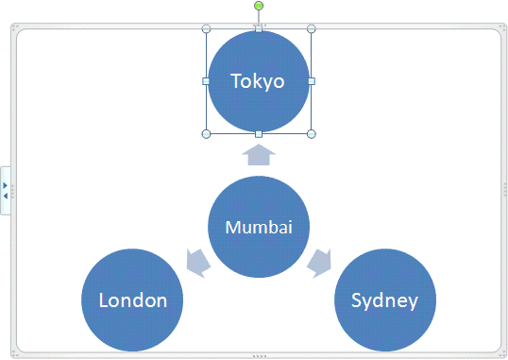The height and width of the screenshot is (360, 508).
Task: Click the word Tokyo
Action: pyautogui.click(x=259, y=81)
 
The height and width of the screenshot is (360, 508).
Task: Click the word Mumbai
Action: pyautogui.click(x=259, y=227)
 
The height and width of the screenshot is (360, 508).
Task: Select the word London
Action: pyautogui.click(x=133, y=300)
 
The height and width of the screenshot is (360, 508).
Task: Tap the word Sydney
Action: pyautogui.click(x=384, y=300)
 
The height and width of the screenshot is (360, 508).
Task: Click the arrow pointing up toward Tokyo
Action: pyautogui.click(x=259, y=154)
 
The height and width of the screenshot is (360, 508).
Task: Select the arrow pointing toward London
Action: pyautogui.click(x=197, y=262)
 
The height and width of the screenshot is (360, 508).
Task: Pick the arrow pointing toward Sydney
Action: pyautogui.click(x=319, y=262)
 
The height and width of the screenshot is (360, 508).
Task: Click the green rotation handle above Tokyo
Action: pyautogui.click(x=259, y=7)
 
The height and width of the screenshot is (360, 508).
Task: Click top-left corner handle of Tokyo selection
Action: pyautogui.click(x=207, y=28)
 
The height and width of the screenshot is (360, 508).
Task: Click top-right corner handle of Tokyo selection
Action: pyautogui.click(x=311, y=28)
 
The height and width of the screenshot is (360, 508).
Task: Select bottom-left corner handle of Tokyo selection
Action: pyautogui.click(x=207, y=133)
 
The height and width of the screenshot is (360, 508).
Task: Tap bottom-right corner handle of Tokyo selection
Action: pyautogui.click(x=311, y=133)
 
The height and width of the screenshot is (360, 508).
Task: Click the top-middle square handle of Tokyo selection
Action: pyautogui.click(x=259, y=28)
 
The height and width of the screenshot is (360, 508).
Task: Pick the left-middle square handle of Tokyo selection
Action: pyautogui.click(x=207, y=81)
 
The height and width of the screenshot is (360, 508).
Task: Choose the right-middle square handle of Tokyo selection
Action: pyautogui.click(x=311, y=81)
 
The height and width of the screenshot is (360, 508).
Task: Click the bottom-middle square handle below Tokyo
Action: pyautogui.click(x=259, y=133)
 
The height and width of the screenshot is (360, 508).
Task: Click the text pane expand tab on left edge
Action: pyautogui.click(x=5, y=190)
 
